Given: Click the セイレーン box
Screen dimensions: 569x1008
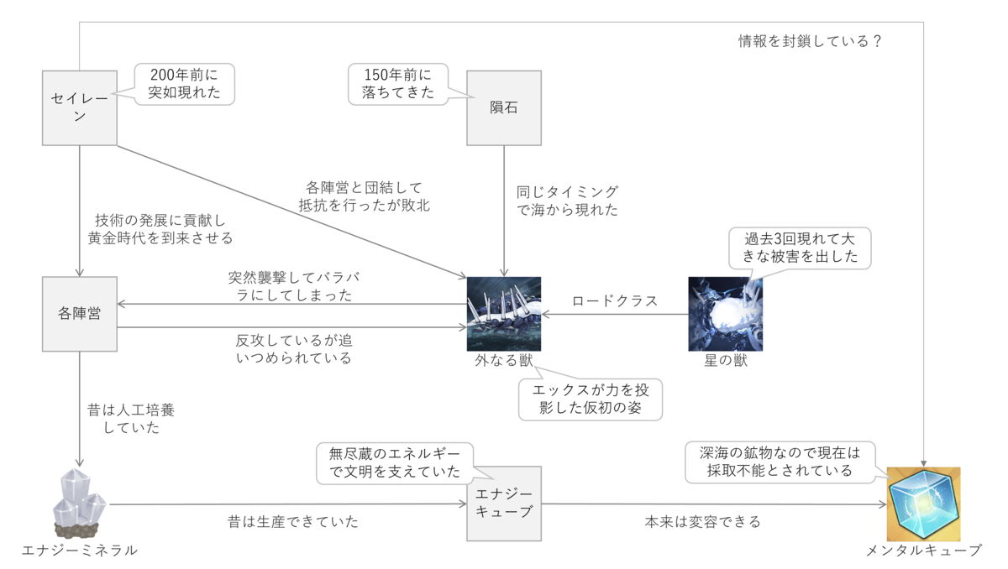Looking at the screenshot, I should click(x=80, y=107).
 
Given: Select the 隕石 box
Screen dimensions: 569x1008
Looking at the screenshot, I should click(x=503, y=107).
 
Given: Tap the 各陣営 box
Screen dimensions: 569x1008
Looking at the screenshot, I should click(x=80, y=314).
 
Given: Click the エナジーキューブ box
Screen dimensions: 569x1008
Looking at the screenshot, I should click(x=503, y=504).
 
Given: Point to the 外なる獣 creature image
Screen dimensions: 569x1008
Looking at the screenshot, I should click(x=503, y=314).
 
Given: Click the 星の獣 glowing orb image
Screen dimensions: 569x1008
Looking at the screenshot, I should click(x=725, y=314).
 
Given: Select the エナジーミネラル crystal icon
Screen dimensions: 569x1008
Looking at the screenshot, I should click(x=80, y=504).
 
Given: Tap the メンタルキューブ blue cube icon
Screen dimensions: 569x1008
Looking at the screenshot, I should click(x=923, y=504).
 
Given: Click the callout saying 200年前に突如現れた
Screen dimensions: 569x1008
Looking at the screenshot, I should click(x=185, y=84).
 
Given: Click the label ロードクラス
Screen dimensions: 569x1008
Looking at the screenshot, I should click(x=614, y=301).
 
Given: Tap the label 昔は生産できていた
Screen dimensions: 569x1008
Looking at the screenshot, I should click(x=293, y=522).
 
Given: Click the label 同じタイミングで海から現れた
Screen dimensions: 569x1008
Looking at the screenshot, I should click(x=567, y=201).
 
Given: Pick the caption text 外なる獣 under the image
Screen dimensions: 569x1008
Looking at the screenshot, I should click(x=503, y=361).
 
